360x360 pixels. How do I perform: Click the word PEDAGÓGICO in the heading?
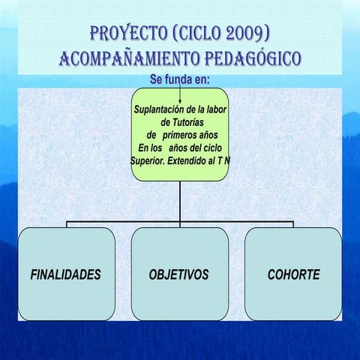click(x=251, y=58)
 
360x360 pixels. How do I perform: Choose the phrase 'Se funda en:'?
click(x=179, y=79)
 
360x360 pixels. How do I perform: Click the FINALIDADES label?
click(x=65, y=274)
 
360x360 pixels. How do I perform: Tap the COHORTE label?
click(x=293, y=274)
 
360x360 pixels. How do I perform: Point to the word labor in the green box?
click(x=214, y=109)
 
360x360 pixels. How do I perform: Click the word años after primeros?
click(x=210, y=135)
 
